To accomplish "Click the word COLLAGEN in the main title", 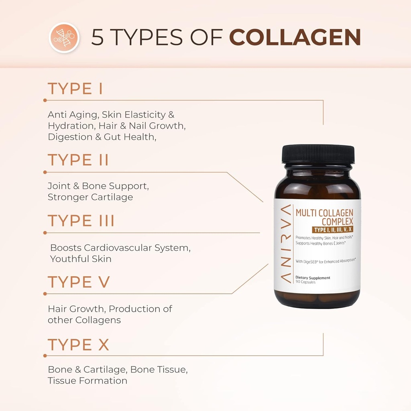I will coord(295,37).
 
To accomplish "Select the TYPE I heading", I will coord(75,89).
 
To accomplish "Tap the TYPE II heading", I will coord(78,160).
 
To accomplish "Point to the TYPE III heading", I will coord(81,221).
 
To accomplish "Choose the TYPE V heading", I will coord(79,282).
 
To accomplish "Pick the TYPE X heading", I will coord(78,345).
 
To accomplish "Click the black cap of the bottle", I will coord(318,154).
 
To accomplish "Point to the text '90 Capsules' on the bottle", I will coord(305,282).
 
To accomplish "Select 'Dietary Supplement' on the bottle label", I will coord(313,277).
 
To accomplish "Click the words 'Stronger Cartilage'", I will coord(90,197).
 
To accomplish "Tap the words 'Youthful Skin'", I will coord(81,259).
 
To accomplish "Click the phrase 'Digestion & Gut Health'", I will coord(101,137).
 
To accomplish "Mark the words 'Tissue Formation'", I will coord(87,380).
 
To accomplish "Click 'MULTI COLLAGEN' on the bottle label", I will coord(324,213).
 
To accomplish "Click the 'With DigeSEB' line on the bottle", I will coord(326,260).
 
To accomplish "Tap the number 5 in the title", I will coord(98,37).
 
